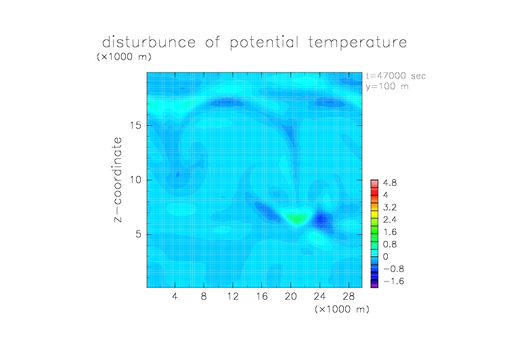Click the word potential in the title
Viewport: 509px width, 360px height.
(x=264, y=43)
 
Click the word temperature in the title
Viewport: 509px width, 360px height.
(x=357, y=42)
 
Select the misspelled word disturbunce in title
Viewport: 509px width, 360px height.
(x=149, y=42)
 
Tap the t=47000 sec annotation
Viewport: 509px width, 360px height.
(x=396, y=76)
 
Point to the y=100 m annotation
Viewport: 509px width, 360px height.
(x=387, y=87)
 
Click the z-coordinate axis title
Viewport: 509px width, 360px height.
(x=118, y=179)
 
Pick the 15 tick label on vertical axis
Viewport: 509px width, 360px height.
(x=135, y=126)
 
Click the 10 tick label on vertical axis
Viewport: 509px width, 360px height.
(x=135, y=180)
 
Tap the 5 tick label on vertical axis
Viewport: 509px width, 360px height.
(x=139, y=234)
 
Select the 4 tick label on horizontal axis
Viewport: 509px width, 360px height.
(x=175, y=296)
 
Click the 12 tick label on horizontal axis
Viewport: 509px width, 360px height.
(x=233, y=296)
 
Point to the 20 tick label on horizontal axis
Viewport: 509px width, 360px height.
(x=291, y=296)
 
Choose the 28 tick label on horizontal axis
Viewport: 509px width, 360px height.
(x=349, y=296)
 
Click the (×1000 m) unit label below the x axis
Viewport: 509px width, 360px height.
(x=342, y=309)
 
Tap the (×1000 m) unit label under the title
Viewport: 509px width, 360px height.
(x=124, y=57)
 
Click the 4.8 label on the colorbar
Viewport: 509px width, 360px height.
(x=390, y=183)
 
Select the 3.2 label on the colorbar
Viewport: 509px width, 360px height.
(x=390, y=208)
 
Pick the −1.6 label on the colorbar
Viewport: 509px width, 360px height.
(x=393, y=281)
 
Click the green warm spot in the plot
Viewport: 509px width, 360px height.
(x=296, y=218)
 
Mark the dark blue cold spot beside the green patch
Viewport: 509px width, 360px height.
(x=321, y=221)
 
